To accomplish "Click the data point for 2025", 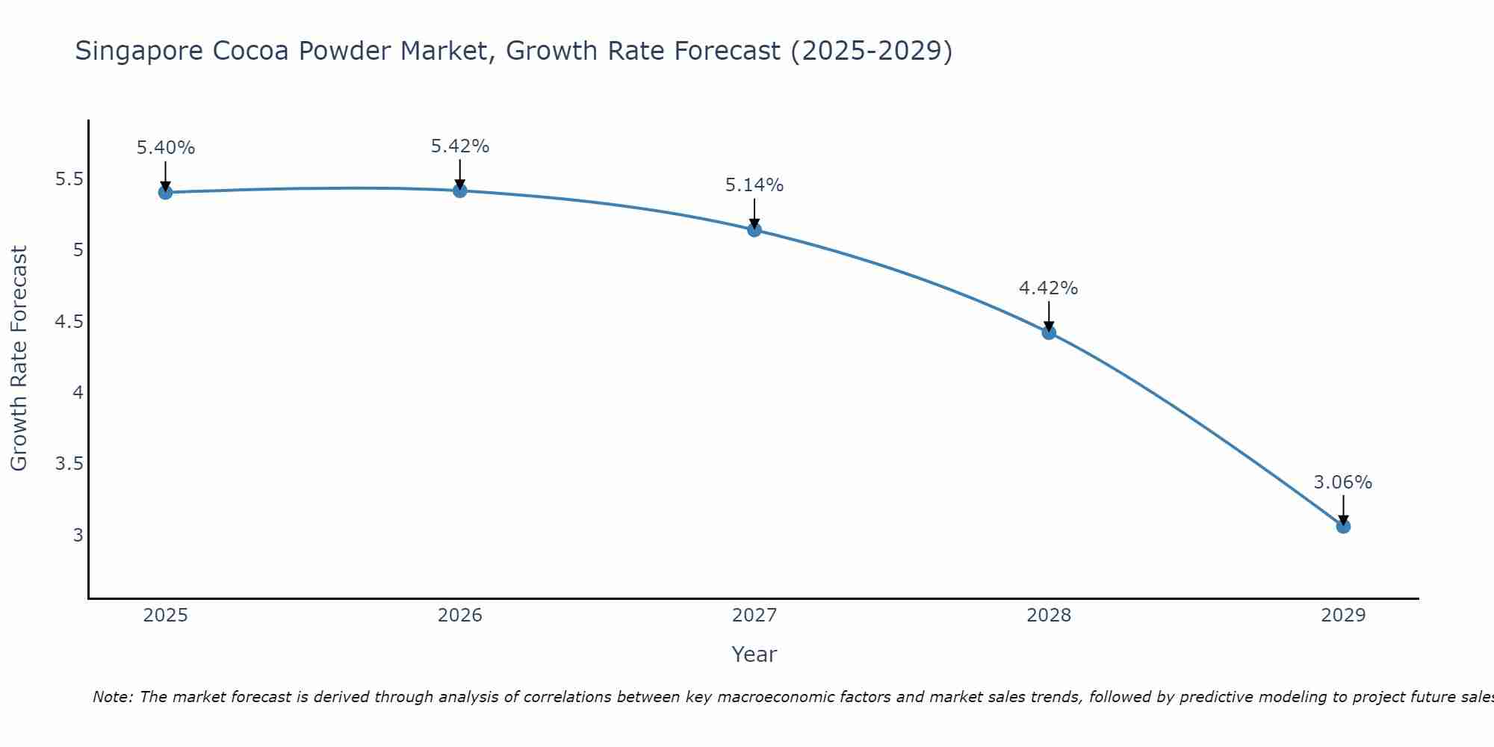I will [x=165, y=192].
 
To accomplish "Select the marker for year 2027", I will [x=754, y=229].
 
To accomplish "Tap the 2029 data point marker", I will [x=1343, y=526].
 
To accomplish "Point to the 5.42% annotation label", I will [x=460, y=146].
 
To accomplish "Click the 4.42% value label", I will [x=1049, y=288].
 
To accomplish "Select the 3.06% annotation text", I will [x=1343, y=483].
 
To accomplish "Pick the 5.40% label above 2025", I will [x=166, y=148].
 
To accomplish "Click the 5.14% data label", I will [x=754, y=185].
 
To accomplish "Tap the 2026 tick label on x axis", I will [x=460, y=616].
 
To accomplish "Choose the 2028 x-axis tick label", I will [x=1049, y=616].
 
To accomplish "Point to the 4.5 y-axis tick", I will [x=69, y=322].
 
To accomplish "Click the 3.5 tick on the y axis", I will [x=69, y=464].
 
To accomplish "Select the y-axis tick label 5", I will [x=78, y=249].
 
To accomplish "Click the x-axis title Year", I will [x=754, y=654].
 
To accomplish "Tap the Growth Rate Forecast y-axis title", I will [x=19, y=359].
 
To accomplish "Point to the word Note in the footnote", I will [x=111, y=697].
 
